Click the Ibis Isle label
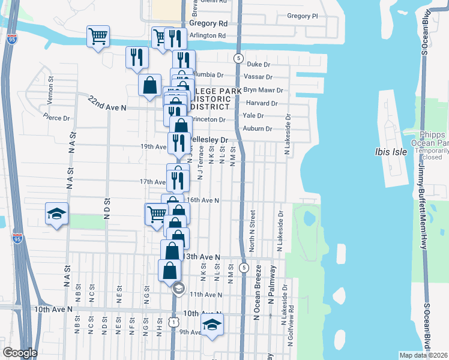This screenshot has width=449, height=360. tap(391, 151)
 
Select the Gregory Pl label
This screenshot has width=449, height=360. tap(302, 16)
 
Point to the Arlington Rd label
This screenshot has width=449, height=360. tap(207, 36)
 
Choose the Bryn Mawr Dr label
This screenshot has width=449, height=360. tap(263, 90)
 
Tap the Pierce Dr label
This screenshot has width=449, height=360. tap(58, 118)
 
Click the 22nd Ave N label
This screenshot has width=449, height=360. tap(107, 103)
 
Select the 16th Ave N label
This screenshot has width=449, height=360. tap(202, 200)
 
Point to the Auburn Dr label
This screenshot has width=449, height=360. tap(258, 128)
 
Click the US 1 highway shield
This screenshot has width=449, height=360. tap(174, 323)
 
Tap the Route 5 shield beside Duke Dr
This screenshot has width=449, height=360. tap(239, 58)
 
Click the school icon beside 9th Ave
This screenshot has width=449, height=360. tap(211, 326)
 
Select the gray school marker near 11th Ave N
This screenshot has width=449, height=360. tap(178, 289)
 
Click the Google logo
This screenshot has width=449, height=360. tap(20, 353)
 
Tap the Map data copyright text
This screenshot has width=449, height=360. tap(423, 355)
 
